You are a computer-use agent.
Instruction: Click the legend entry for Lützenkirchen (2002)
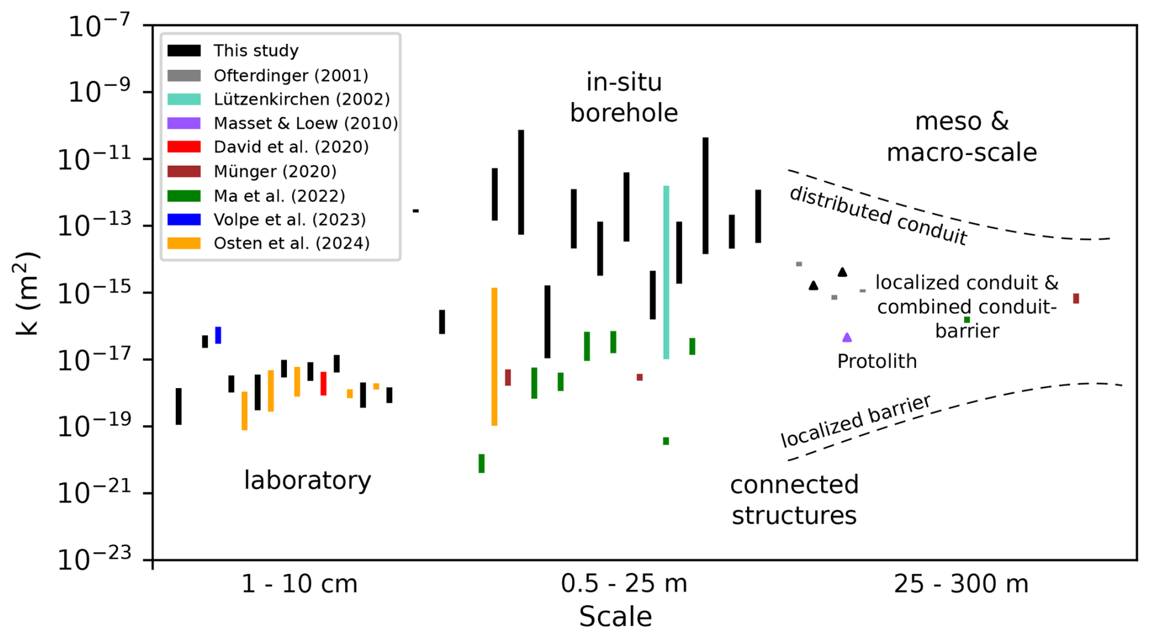pyautogui.click(x=301, y=99)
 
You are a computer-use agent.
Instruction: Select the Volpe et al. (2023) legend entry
pyautogui.click(x=289, y=220)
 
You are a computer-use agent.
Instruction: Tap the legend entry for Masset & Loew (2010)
pyautogui.click(x=306, y=123)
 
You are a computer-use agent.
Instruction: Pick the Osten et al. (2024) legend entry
pyautogui.click(x=292, y=243)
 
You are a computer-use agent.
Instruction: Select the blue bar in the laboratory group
pyautogui.click(x=218, y=335)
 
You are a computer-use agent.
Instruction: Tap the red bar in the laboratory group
pyautogui.click(x=323, y=384)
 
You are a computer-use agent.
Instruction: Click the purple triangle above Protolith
pyautogui.click(x=847, y=338)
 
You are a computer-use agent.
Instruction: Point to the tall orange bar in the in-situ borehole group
pyautogui.click(x=494, y=356)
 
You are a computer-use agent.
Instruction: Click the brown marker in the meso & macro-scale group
pyautogui.click(x=1076, y=299)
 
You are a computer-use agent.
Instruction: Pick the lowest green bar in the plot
pyautogui.click(x=481, y=463)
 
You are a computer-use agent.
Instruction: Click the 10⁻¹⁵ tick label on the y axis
pyautogui.click(x=94, y=294)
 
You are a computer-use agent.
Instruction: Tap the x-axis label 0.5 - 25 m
pyautogui.click(x=624, y=584)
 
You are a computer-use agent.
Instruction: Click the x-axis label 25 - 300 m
pyautogui.click(x=961, y=584)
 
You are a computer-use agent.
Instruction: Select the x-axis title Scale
pyautogui.click(x=615, y=617)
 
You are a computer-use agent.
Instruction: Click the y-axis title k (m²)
pyautogui.click(x=27, y=293)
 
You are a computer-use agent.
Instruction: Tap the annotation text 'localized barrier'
pyautogui.click(x=855, y=421)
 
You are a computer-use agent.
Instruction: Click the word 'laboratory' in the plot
pyautogui.click(x=308, y=480)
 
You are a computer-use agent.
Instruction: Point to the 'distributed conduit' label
pyautogui.click(x=878, y=215)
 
